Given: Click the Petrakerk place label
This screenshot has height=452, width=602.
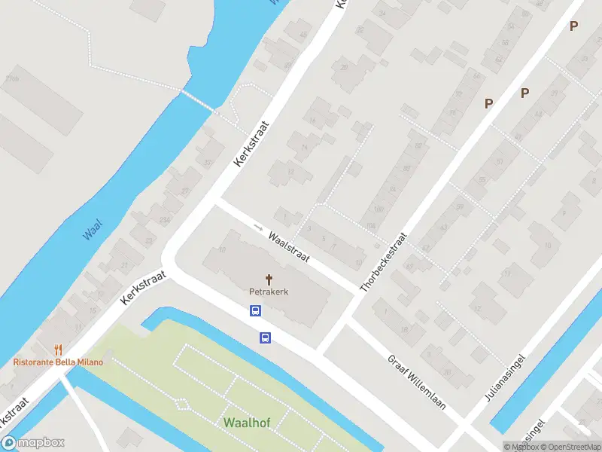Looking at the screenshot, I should coord(269,291).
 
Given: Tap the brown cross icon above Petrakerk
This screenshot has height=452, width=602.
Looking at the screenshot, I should coord(269,279).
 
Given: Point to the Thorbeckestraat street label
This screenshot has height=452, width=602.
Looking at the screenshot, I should coord(384,262).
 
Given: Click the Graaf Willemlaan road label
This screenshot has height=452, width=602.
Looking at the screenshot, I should coord(417,383).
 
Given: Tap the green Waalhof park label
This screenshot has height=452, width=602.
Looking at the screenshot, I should coord(246,422).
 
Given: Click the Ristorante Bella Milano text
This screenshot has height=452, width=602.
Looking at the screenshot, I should coord(58,362).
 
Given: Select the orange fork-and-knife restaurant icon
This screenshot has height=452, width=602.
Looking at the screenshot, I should coord(58,350).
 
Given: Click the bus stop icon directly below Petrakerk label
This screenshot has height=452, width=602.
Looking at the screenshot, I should coord(255,310).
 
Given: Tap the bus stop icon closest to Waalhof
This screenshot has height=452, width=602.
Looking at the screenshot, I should coord(266,337).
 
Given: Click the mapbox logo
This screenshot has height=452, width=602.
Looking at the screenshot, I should coord(33,443).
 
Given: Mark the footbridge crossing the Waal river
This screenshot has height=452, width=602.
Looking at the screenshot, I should coord(196,100).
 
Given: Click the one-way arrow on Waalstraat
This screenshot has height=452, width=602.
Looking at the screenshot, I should coord(258,227).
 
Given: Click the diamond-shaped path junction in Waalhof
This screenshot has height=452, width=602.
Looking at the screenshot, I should coord(181,404).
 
